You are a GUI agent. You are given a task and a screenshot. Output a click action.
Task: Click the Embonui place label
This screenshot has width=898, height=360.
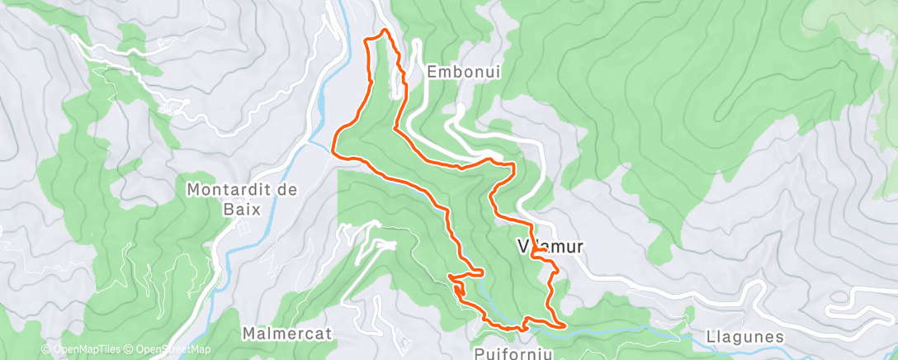click(x=464, y=72)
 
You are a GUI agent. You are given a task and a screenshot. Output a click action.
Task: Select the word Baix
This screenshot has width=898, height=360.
click(x=245, y=210)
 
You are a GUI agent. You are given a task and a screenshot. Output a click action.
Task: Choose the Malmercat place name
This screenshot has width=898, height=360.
click(x=286, y=334)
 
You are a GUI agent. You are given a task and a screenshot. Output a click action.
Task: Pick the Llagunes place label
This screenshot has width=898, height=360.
click(x=744, y=337)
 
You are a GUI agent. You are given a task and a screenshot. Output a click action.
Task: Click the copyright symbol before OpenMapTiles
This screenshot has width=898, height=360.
click(x=46, y=350)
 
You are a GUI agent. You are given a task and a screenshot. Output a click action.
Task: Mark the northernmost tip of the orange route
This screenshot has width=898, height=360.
click(x=382, y=31)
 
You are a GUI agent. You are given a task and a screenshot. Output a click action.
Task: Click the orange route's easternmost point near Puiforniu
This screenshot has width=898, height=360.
click(x=564, y=325)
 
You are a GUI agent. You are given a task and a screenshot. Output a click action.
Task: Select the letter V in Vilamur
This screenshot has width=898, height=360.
click(x=521, y=246)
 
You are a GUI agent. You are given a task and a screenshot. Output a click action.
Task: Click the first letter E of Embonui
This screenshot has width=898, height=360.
click(x=432, y=72)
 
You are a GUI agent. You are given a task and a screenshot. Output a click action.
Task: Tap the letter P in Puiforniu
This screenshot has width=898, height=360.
click(x=480, y=352)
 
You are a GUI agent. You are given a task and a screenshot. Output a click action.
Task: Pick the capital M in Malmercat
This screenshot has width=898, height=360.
click(x=249, y=334)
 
